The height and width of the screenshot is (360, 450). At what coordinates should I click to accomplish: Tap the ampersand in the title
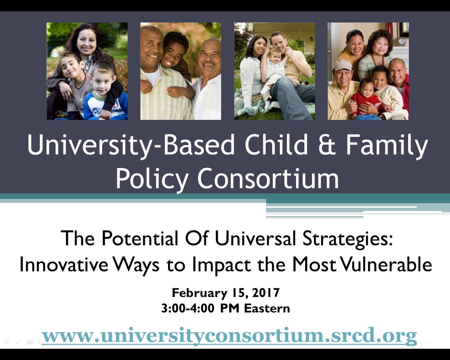point(327,144)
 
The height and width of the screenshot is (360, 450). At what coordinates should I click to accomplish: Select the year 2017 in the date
point(266,292)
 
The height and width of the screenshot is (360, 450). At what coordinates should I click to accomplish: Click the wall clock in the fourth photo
point(402,41)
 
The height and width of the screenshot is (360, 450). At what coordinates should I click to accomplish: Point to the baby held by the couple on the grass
point(274,76)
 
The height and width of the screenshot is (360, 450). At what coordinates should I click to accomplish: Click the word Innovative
point(64,264)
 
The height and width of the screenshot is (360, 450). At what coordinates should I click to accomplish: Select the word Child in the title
point(276,144)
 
